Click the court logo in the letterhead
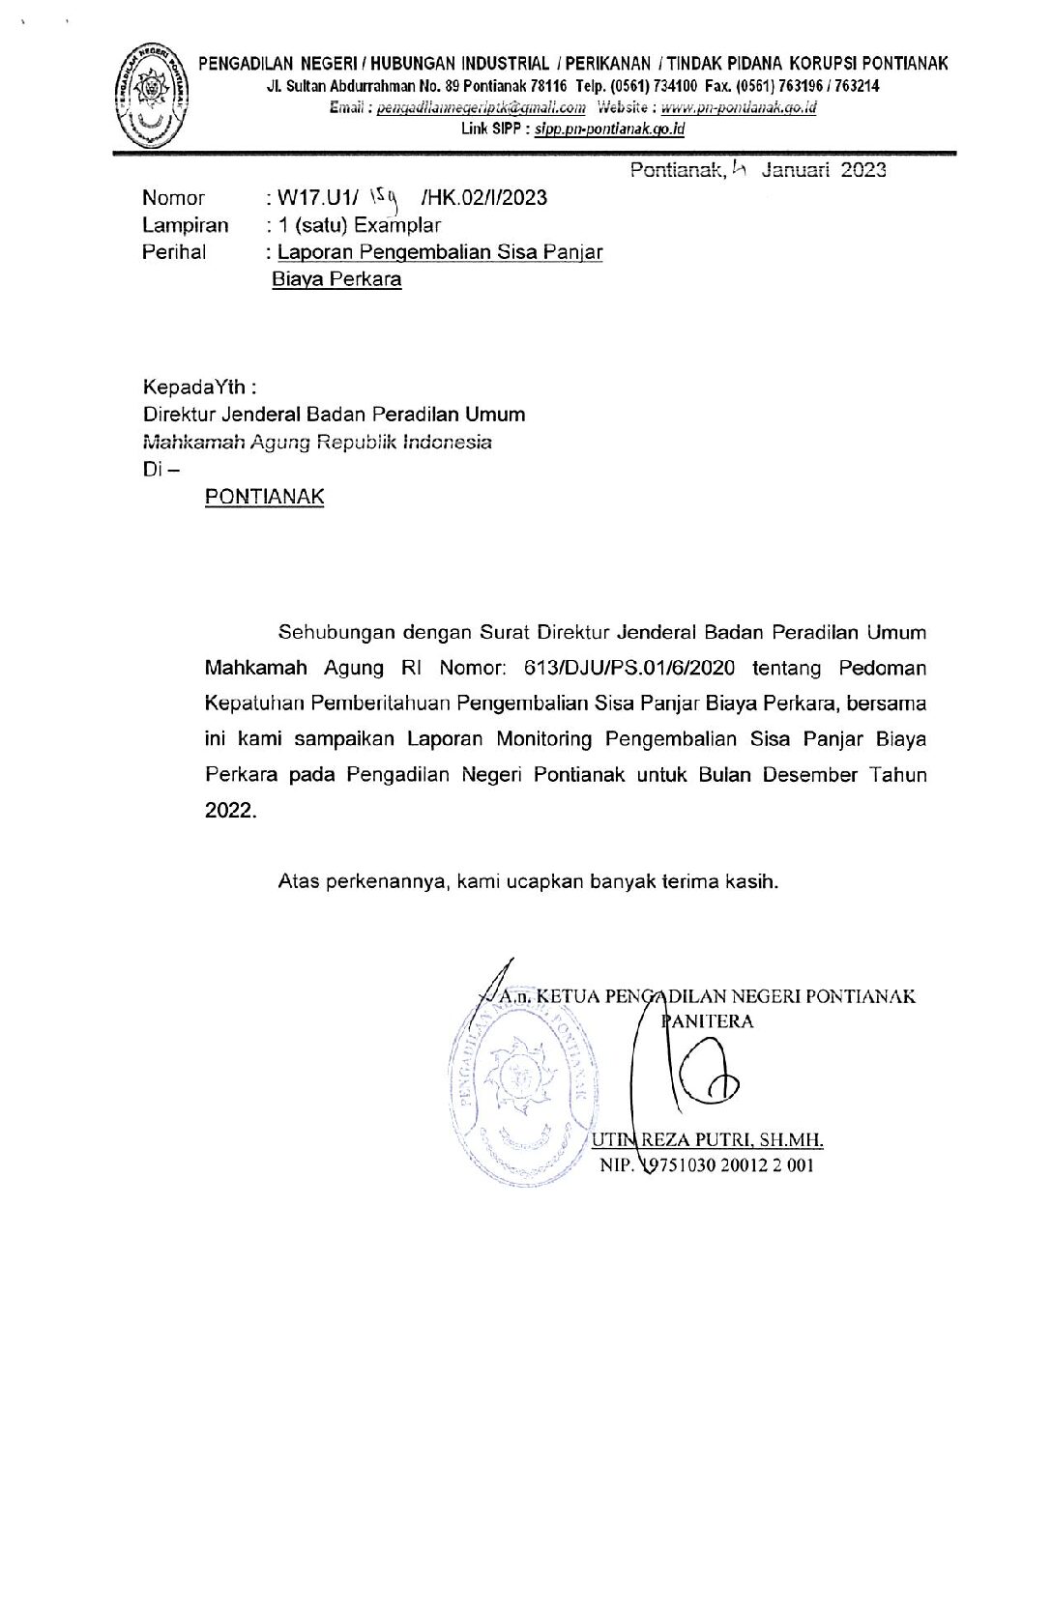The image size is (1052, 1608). [x=151, y=94]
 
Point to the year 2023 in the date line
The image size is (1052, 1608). [x=862, y=170]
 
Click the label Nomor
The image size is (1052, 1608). [x=173, y=198]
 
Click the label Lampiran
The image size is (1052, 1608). [x=185, y=225]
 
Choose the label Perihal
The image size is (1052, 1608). [x=174, y=252]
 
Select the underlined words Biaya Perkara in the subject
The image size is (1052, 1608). [x=336, y=280]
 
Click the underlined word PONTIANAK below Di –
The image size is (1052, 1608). [x=264, y=497]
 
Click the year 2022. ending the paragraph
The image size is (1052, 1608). [x=231, y=810]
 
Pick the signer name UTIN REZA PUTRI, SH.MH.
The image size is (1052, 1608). [x=707, y=1140]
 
